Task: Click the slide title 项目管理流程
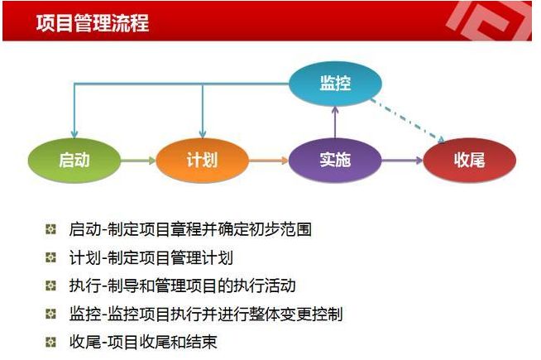click(x=93, y=23)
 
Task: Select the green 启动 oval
click(x=74, y=161)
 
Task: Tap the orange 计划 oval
click(x=202, y=161)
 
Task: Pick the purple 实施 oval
click(x=335, y=161)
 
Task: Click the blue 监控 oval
click(x=335, y=84)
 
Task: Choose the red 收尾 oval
click(x=469, y=161)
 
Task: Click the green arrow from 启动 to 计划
click(x=138, y=161)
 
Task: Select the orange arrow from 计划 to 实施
click(x=268, y=161)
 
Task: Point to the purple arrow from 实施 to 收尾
click(x=402, y=161)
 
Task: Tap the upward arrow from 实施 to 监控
click(x=335, y=122)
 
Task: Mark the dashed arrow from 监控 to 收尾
click(x=408, y=121)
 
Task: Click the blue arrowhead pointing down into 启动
click(x=74, y=135)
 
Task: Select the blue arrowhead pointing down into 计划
click(x=203, y=135)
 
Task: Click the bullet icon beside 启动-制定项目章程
click(x=50, y=229)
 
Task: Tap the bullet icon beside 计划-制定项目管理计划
click(x=50, y=257)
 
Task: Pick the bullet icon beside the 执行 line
click(x=50, y=286)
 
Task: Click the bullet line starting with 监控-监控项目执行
click(x=206, y=314)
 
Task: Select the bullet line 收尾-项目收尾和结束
click(x=143, y=343)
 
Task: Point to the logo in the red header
click(x=490, y=21)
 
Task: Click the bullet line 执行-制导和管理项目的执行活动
click(x=182, y=286)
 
